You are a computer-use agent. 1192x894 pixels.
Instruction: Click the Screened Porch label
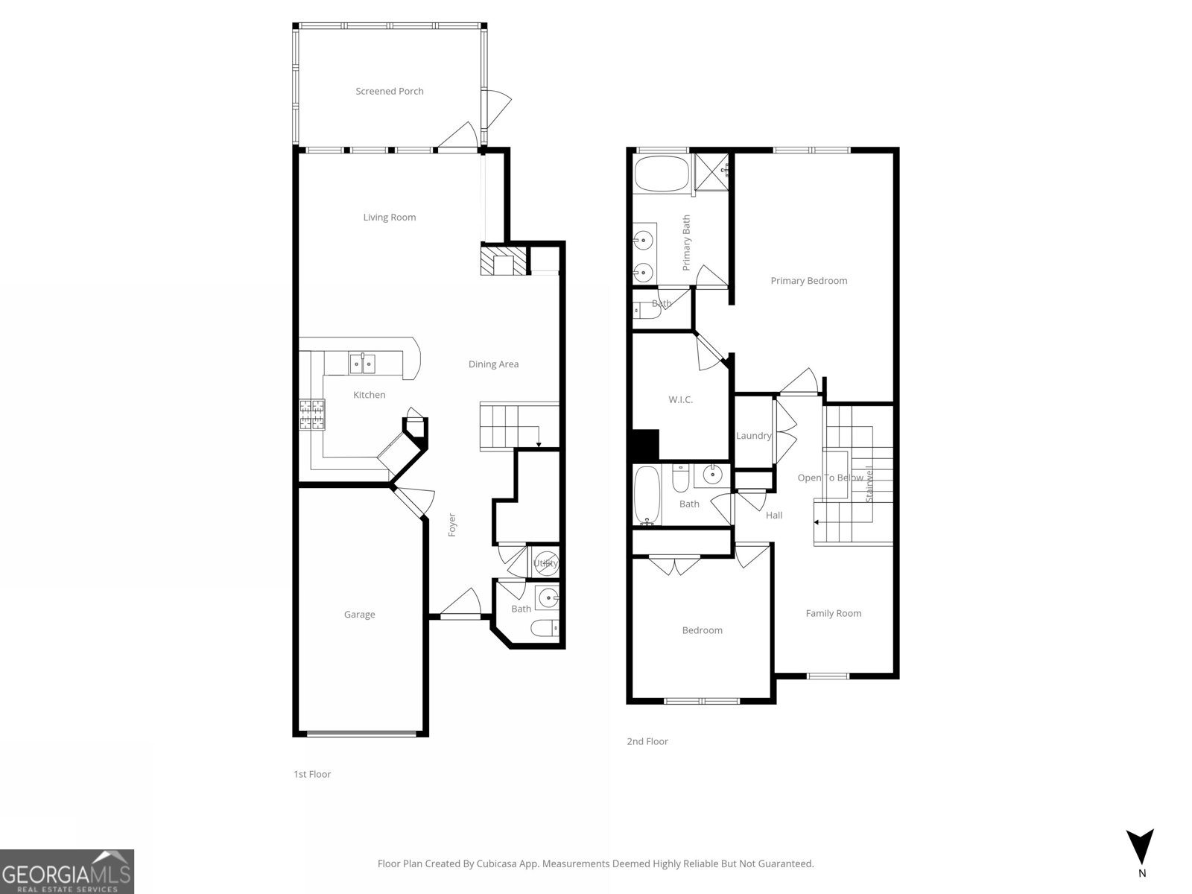389,91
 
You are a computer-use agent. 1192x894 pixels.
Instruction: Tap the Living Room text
389,218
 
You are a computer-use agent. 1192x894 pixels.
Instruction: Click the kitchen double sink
363,364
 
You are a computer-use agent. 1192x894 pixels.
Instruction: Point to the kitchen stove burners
313,415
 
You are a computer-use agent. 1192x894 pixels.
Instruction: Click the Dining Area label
493,364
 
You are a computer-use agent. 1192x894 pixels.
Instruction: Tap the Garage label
359,615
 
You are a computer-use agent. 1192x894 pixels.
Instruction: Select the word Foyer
452,525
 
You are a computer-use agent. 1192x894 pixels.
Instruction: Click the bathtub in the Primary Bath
662,173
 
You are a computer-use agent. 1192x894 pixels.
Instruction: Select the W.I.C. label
680,400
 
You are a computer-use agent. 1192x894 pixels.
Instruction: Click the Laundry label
753,436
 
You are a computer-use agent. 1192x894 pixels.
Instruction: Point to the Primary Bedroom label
808,281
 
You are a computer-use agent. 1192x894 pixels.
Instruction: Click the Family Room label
833,613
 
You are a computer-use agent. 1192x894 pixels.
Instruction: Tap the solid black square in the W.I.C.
644,445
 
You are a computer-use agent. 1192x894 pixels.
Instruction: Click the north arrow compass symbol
1140,849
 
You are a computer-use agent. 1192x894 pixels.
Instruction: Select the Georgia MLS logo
67,872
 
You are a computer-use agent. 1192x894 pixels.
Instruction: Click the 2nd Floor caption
647,741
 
